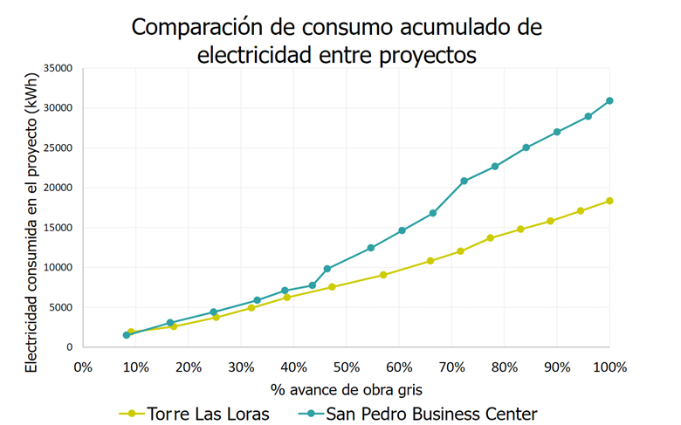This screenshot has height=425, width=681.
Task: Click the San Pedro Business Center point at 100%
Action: [x=609, y=101]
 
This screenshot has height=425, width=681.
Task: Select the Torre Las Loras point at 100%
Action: [x=609, y=201]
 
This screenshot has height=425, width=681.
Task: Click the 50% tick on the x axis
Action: [x=347, y=367]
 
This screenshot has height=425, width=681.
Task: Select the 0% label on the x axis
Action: [x=83, y=367]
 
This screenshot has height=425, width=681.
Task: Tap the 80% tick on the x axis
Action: [x=505, y=367]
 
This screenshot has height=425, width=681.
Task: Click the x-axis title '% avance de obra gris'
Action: [x=347, y=389]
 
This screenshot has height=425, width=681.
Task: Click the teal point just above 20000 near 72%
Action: [x=464, y=182]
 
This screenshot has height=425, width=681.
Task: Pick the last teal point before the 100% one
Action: [x=588, y=116]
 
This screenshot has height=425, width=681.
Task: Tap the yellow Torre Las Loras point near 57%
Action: [x=383, y=275]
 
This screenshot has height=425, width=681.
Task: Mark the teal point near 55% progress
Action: [x=371, y=248]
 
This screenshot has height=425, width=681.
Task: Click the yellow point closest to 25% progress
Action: [x=216, y=317]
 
